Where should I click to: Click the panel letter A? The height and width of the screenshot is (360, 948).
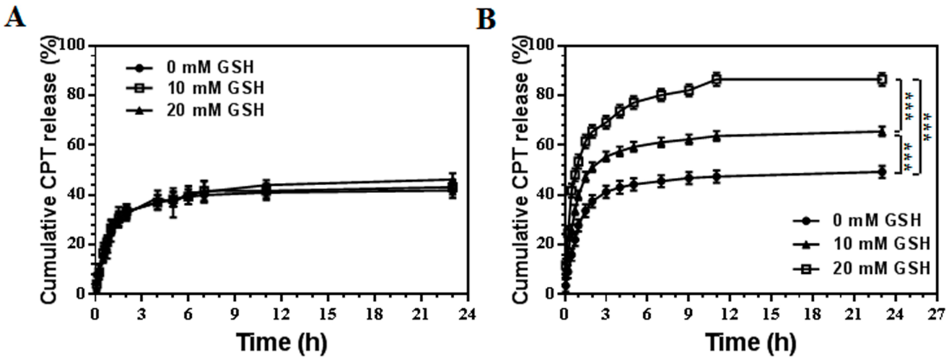tap(15, 16)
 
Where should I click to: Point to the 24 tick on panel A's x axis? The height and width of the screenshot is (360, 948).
tap(467, 315)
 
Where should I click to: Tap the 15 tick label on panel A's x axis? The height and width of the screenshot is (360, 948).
tap(328, 315)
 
